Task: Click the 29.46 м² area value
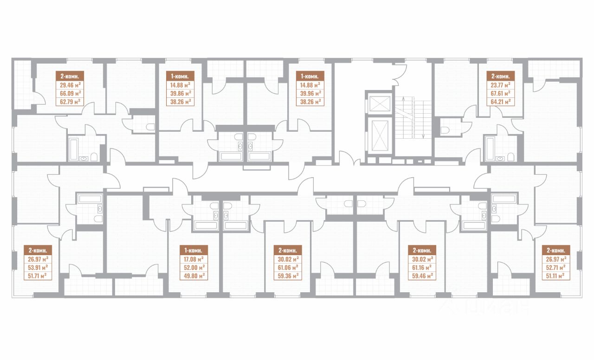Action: tap(70, 85)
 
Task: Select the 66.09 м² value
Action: tap(70, 93)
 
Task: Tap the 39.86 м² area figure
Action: tap(181, 93)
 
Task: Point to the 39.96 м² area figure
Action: tap(310, 93)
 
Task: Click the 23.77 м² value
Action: tap(501, 85)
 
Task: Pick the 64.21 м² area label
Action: tap(501, 102)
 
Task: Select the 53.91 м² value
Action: tap(38, 268)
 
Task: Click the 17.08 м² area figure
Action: tap(194, 259)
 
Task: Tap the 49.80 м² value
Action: tap(194, 276)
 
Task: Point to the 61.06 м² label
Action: tap(288, 268)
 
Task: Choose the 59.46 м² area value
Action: tap(422, 276)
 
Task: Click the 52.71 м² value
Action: tap(556, 268)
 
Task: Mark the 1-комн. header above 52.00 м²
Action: tap(194, 250)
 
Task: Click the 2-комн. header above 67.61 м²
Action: tap(501, 77)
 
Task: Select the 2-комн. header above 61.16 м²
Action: tap(422, 250)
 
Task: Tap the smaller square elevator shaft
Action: tap(380, 103)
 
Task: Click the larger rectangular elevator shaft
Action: tap(380, 135)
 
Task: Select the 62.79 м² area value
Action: tap(70, 102)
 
